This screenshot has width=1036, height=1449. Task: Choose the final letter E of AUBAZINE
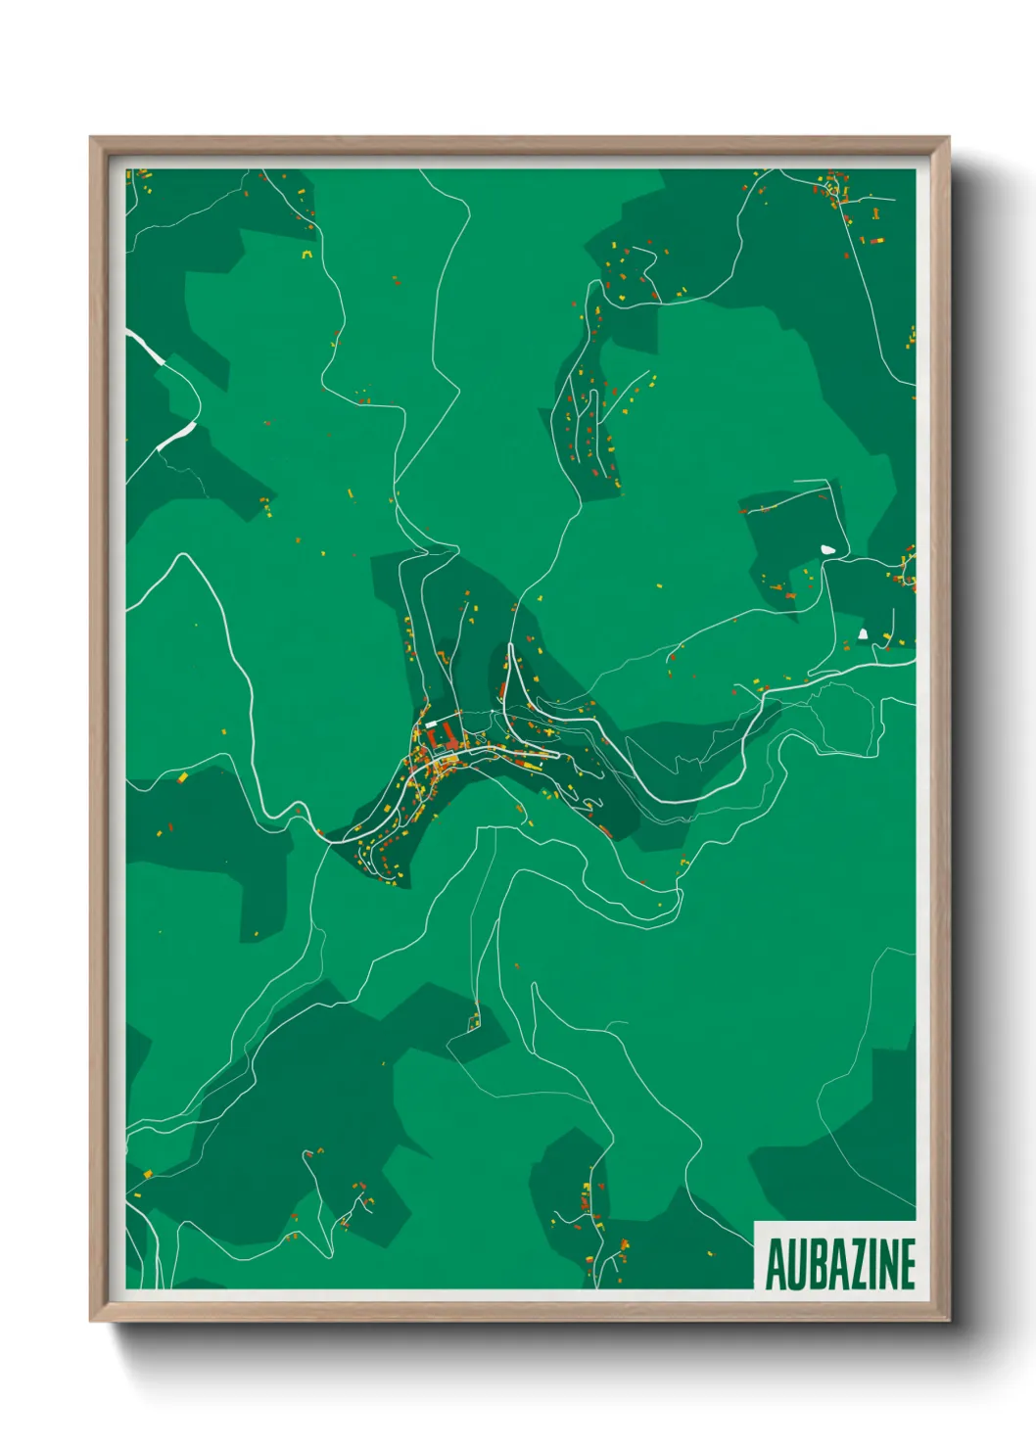tap(907, 1265)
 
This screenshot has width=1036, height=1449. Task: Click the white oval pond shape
tap(829, 550)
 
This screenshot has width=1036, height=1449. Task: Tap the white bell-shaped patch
tap(863, 633)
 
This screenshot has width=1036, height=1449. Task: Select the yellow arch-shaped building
tap(306, 255)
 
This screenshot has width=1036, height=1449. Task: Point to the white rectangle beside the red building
tap(432, 724)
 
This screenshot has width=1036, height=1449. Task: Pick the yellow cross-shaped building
tap(549, 733)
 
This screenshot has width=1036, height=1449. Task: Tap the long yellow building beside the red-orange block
tap(183, 776)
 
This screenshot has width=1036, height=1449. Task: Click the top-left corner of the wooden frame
tap(91, 138)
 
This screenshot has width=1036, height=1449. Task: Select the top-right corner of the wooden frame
tap(949, 138)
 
